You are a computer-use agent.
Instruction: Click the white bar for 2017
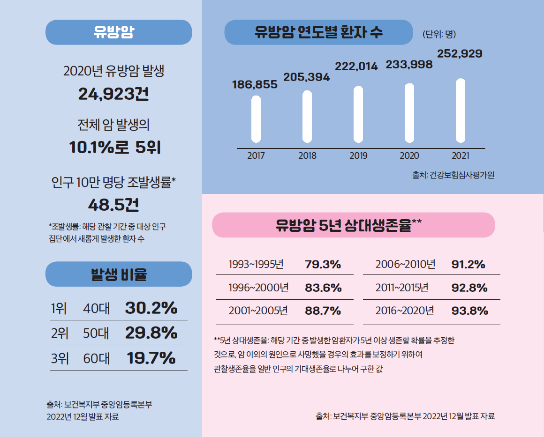point(256,119)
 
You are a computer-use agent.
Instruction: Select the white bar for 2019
point(358,114)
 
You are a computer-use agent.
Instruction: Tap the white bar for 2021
point(461,111)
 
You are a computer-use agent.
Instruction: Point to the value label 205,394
point(307,77)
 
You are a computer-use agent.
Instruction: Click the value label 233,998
point(409,65)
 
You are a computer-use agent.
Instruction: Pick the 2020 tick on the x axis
point(409,156)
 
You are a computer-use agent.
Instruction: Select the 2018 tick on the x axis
point(307,156)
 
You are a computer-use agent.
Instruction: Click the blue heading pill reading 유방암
point(119,32)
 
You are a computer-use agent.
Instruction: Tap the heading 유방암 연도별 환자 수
point(318,32)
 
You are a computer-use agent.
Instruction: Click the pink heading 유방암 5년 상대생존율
point(353,225)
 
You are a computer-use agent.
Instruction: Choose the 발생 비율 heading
point(119,274)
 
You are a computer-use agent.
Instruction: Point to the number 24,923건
point(113,95)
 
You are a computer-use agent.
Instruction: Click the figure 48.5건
point(113,205)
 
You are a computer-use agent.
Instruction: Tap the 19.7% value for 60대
point(151,358)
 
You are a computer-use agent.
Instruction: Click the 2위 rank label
point(60,333)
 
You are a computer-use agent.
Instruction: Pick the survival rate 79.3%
point(323,264)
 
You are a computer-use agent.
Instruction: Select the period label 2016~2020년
point(405,311)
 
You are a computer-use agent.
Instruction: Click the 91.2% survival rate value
point(468,264)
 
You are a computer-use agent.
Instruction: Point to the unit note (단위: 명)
point(439,34)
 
